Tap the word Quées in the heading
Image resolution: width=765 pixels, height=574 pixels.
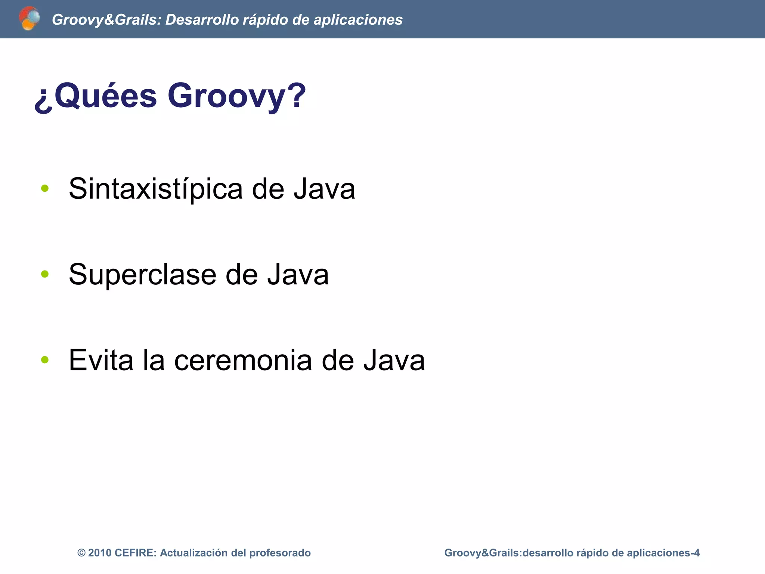click(106, 96)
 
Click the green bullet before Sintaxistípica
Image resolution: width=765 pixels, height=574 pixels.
click(45, 188)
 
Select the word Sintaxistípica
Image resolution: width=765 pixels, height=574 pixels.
click(156, 189)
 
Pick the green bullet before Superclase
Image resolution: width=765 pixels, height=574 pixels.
click(45, 274)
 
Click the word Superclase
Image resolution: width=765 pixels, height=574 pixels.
click(142, 275)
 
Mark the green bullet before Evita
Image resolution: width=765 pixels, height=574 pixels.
click(45, 360)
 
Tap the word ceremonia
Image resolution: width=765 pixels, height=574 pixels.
click(243, 360)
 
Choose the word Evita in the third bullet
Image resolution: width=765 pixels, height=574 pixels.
click(101, 360)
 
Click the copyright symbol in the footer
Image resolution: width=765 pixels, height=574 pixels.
click(81, 553)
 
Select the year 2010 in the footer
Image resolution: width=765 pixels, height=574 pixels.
click(100, 553)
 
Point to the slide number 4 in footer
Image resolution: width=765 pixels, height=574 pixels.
click(696, 553)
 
